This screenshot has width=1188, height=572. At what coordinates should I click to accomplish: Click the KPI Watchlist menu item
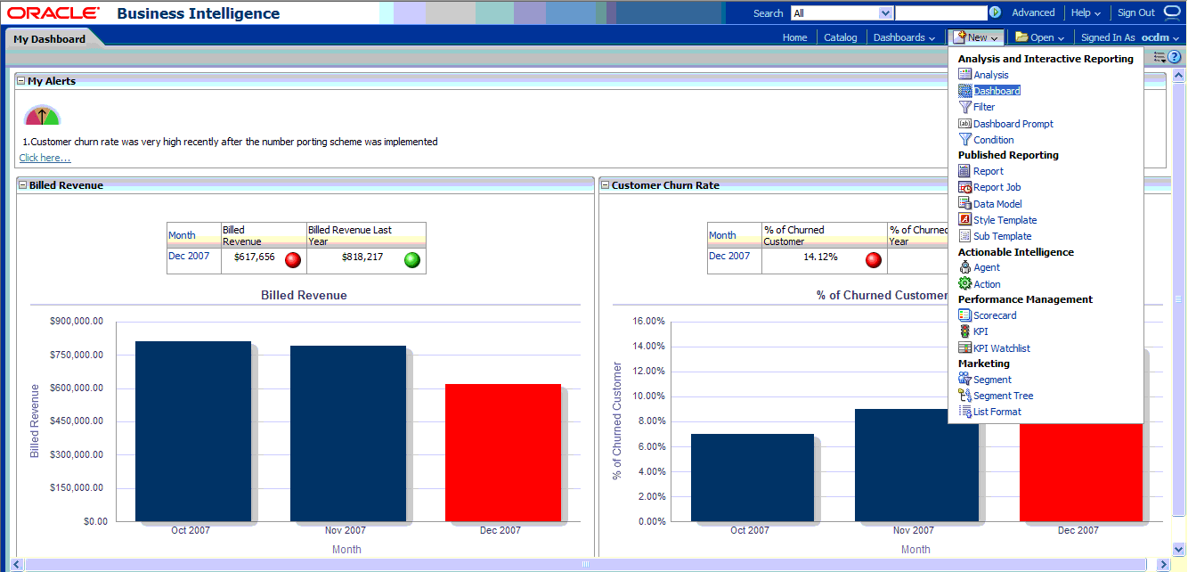click(x=1001, y=348)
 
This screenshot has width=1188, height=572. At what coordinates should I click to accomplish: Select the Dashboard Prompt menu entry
click(x=1013, y=124)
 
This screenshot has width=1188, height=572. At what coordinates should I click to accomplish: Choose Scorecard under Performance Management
click(x=994, y=315)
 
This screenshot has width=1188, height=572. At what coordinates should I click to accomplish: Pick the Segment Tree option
click(x=1003, y=396)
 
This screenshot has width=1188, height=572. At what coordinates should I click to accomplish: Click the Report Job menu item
click(x=997, y=187)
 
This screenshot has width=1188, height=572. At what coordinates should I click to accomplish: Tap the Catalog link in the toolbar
click(x=840, y=37)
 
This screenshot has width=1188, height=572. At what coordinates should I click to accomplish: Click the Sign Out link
click(x=1135, y=13)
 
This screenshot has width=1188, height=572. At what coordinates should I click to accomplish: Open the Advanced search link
click(x=1033, y=13)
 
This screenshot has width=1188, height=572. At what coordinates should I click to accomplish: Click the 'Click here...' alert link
click(x=45, y=158)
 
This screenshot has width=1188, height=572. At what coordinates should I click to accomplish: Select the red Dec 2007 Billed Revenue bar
click(x=502, y=453)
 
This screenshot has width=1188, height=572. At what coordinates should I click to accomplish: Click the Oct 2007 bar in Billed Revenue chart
click(x=193, y=431)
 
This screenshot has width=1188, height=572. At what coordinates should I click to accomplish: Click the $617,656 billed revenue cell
click(x=254, y=257)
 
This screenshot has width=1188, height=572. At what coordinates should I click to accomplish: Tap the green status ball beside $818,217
click(x=411, y=260)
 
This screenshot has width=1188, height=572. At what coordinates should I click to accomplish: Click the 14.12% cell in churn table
click(x=820, y=257)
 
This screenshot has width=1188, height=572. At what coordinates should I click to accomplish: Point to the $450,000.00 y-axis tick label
click(x=77, y=421)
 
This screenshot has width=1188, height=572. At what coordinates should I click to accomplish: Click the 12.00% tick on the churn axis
click(x=648, y=371)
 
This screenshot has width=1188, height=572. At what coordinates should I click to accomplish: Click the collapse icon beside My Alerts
click(x=20, y=81)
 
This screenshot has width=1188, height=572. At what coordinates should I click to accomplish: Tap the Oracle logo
click(x=53, y=13)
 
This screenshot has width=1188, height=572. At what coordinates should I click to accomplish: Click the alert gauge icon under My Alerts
click(x=42, y=115)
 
